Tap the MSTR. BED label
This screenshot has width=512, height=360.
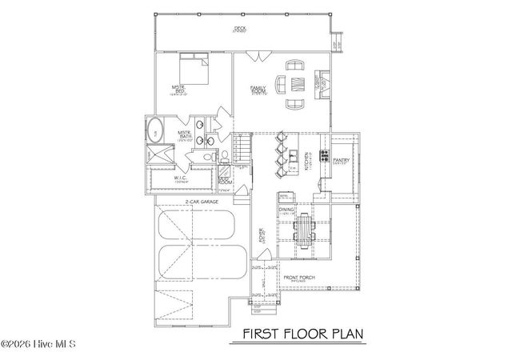(x=179, y=90)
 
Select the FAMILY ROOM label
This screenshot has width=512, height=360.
(x=258, y=90)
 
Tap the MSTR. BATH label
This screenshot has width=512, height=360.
(x=183, y=137)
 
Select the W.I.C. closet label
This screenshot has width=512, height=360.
(x=180, y=178)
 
